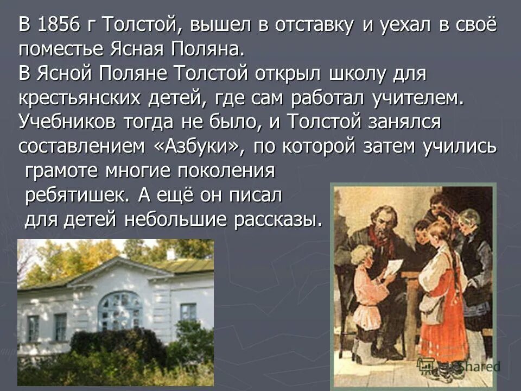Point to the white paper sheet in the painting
coord(392,268)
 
